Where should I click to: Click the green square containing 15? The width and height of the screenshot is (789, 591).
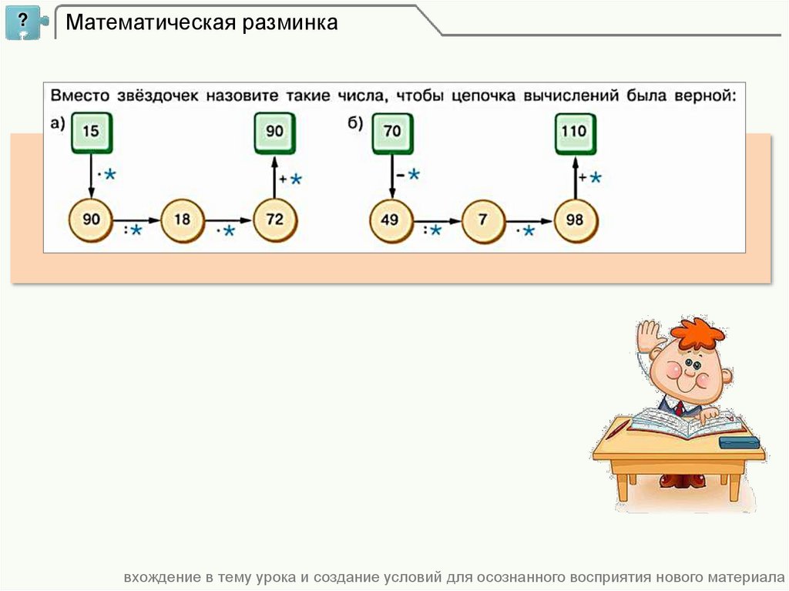(x=91, y=132)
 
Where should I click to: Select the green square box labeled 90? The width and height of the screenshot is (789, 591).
(x=275, y=132)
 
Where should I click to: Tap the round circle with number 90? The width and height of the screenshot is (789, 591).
(x=91, y=220)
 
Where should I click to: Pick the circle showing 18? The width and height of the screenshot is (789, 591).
(x=183, y=220)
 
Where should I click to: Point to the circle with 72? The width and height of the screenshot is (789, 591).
(x=275, y=220)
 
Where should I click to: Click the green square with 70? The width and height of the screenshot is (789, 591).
(x=392, y=132)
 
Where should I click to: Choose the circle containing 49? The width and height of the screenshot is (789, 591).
(x=391, y=220)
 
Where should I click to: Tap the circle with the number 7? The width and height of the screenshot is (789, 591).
(x=483, y=220)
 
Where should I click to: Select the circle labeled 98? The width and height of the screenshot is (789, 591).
(x=576, y=220)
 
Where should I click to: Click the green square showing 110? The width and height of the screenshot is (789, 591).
(x=575, y=132)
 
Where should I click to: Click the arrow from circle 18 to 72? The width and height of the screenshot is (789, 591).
(x=229, y=220)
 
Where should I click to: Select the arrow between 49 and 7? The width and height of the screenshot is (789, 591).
(x=437, y=220)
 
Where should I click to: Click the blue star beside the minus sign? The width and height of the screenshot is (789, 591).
(x=414, y=175)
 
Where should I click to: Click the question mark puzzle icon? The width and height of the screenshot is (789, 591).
(x=25, y=22)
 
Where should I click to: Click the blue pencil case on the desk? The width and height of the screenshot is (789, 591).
(x=738, y=442)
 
